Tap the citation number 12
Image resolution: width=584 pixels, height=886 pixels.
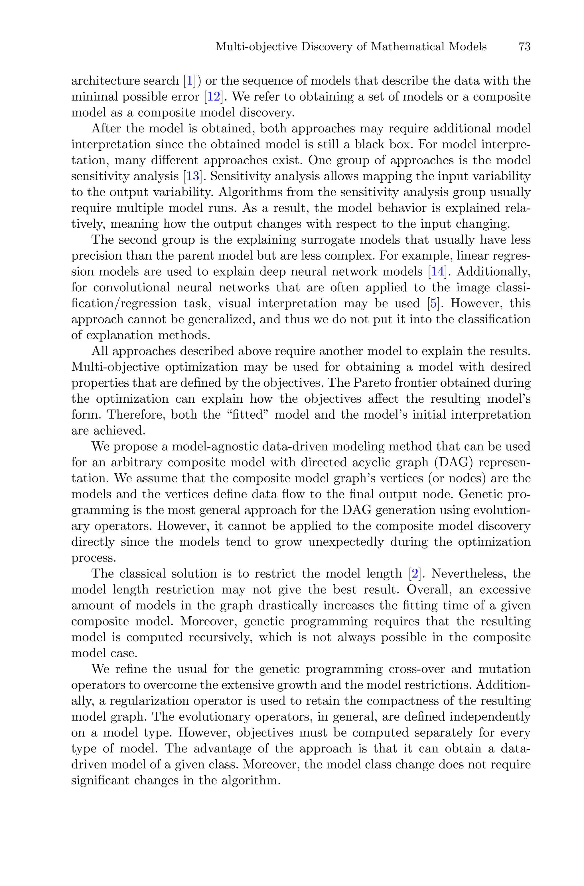pyautogui.click(x=214, y=97)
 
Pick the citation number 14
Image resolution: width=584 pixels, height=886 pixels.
pyautogui.click(x=437, y=272)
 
